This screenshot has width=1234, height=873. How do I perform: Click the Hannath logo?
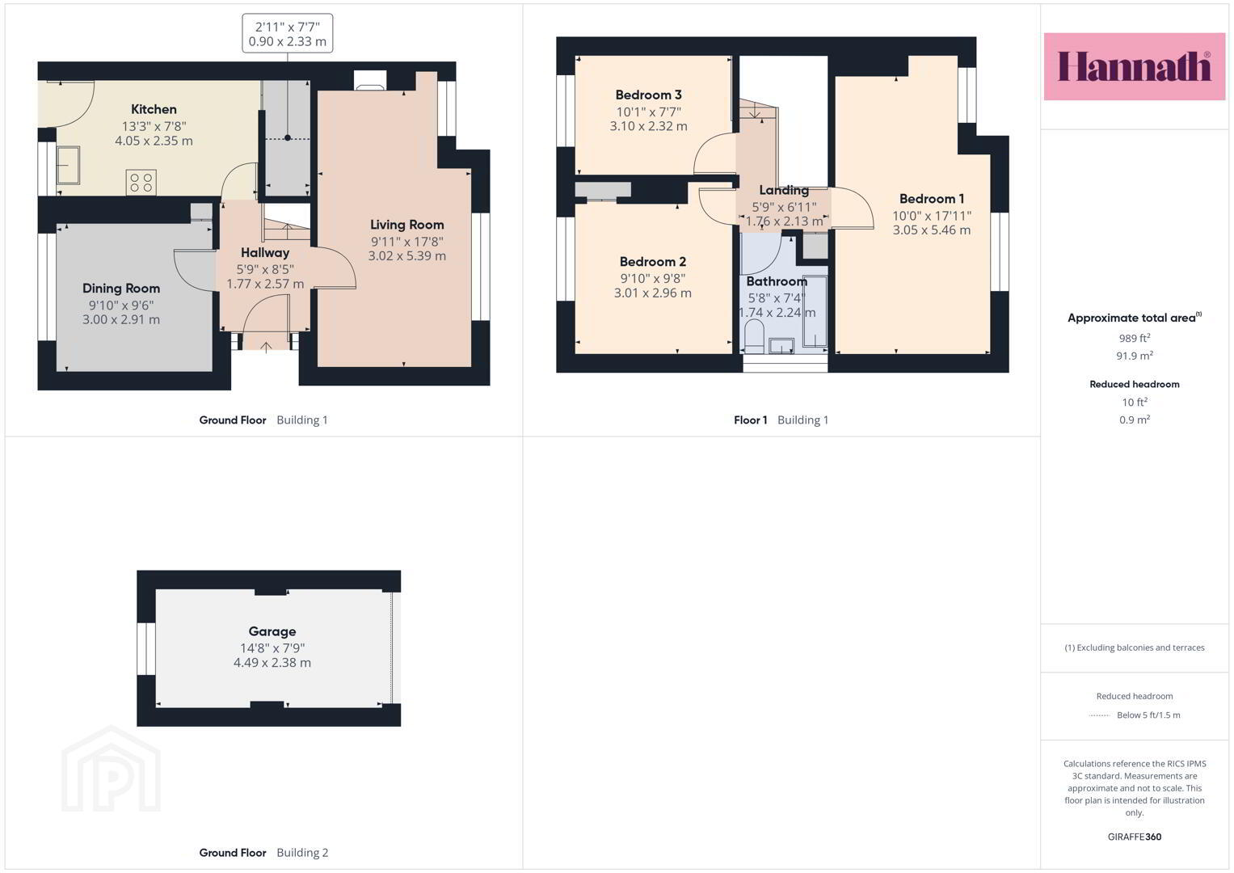pyautogui.click(x=1134, y=66)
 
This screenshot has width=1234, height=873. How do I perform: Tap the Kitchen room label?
pyautogui.click(x=154, y=109)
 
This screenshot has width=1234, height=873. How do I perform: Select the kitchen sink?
pyautogui.click(x=69, y=165)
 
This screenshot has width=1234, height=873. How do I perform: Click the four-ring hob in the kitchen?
pyautogui.click(x=141, y=183)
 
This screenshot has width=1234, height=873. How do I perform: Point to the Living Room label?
pyautogui.click(x=406, y=225)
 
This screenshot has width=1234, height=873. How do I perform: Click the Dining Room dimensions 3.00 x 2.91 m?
pyautogui.click(x=121, y=319)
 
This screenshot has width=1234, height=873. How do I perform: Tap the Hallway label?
pyautogui.click(x=265, y=253)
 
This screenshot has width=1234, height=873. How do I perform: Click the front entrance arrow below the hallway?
pyautogui.click(x=266, y=348)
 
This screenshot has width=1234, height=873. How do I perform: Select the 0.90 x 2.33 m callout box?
pyautogui.click(x=288, y=34)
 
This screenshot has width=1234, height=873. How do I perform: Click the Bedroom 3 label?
pyautogui.click(x=648, y=95)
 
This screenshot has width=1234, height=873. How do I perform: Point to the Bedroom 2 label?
pyautogui.click(x=653, y=262)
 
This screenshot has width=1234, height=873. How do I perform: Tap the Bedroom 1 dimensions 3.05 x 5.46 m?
pyautogui.click(x=932, y=230)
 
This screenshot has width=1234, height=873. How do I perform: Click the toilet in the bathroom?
pyautogui.click(x=753, y=336)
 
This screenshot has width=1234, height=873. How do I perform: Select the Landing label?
pyautogui.click(x=784, y=190)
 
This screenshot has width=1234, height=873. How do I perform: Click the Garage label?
pyautogui.click(x=272, y=631)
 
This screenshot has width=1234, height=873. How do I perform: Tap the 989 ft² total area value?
pyautogui.click(x=1135, y=339)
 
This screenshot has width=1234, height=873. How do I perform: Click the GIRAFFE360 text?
pyautogui.click(x=1135, y=837)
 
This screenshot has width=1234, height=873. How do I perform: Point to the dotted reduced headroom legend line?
pyautogui.click(x=1100, y=715)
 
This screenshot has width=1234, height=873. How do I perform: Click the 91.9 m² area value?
pyautogui.click(x=1135, y=356)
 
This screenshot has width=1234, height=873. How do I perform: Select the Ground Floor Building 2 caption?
pyautogui.click(x=264, y=853)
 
